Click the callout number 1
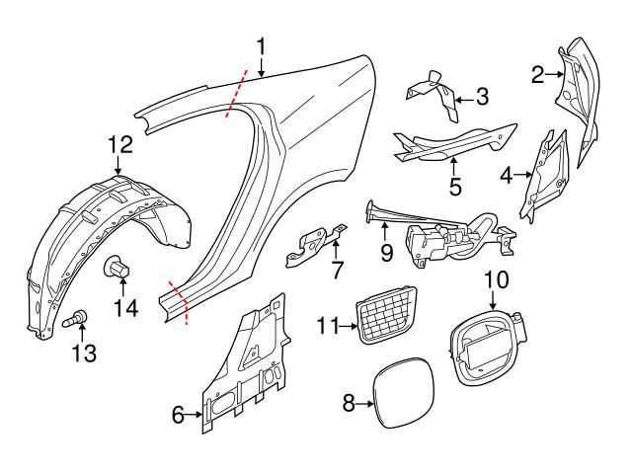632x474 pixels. coord(262,45)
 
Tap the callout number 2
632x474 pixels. coord(539,73)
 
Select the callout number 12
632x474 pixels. coord(118,145)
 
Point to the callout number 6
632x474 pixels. coord(178,415)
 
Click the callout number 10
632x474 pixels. coord(496,279)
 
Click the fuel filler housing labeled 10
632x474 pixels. coord(481,342)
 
